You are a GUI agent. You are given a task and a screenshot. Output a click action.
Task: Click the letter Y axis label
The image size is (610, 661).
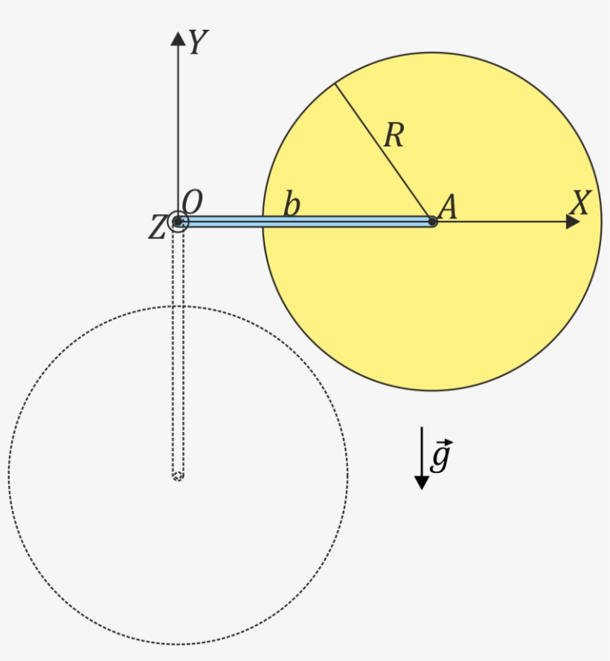196,43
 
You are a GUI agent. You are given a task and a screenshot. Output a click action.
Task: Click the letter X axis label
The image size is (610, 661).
579,203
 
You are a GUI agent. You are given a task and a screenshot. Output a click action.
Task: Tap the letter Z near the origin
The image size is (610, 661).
156,228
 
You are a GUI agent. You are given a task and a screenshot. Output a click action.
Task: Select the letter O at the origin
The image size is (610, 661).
192,201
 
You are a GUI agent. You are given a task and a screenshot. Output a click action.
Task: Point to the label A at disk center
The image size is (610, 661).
448,207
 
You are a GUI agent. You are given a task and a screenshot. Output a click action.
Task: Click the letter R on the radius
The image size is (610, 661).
393,136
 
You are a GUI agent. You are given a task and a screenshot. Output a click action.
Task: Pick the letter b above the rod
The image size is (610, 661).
292,205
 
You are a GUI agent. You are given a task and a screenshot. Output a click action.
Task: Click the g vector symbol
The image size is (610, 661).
440,456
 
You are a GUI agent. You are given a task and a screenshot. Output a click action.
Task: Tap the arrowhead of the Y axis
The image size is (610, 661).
178,39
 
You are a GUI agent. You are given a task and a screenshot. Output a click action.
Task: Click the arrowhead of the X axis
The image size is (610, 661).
573,222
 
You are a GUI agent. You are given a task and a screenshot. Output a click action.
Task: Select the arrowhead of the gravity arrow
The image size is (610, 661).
422,482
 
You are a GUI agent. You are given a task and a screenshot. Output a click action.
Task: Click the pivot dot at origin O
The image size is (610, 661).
178,222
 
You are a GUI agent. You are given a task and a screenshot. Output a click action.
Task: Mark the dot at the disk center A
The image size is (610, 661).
432,222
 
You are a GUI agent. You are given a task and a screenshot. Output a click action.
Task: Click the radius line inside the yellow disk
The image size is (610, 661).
383,152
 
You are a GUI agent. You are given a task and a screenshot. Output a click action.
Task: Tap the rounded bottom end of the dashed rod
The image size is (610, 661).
178,476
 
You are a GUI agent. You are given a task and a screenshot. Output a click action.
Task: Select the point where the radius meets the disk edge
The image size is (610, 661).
334,83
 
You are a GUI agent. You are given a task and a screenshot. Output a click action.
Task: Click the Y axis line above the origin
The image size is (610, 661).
178,126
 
